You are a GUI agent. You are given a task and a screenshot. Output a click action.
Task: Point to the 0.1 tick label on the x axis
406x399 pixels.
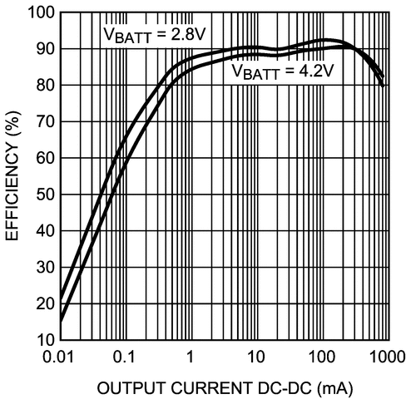(x=125, y=357)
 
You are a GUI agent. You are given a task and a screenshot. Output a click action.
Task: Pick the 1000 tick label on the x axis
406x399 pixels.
(x=386, y=357)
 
